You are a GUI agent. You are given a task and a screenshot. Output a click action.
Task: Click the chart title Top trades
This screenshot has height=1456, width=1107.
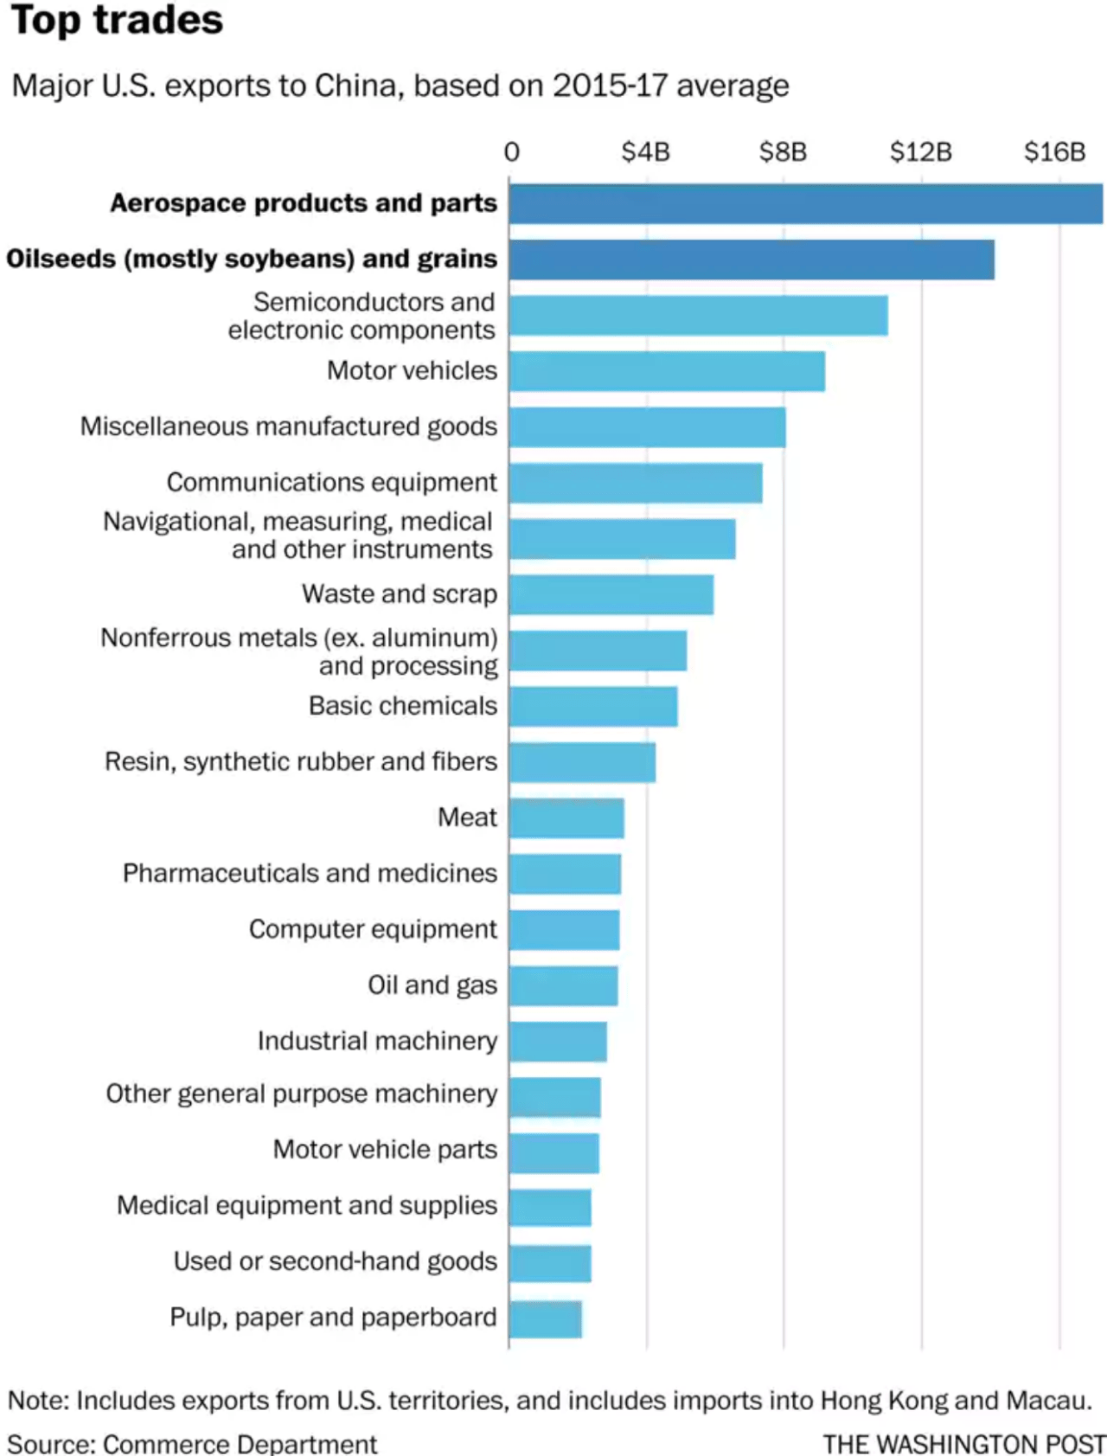click(117, 20)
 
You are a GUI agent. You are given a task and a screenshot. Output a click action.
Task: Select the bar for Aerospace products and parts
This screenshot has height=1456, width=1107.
click(804, 203)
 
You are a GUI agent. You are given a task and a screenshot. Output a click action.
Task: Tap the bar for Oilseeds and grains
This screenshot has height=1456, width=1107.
click(751, 260)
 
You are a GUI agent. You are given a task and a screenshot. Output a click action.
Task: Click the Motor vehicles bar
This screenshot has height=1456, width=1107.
click(666, 371)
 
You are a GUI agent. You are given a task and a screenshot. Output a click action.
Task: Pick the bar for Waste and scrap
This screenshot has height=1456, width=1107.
click(611, 594)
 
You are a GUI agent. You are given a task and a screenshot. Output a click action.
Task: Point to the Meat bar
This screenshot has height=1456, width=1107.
click(566, 818)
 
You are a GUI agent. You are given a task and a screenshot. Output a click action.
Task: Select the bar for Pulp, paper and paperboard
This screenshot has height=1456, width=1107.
click(545, 1319)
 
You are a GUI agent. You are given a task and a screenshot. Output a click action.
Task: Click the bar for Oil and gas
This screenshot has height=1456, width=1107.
click(563, 985)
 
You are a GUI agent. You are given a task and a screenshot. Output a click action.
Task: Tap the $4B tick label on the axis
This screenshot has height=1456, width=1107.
click(645, 152)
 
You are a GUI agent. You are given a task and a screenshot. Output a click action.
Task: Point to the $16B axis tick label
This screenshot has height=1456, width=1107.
click(1054, 152)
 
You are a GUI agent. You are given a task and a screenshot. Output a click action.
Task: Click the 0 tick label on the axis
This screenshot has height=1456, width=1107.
click(512, 152)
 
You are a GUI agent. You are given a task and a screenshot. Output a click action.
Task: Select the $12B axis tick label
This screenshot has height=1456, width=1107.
click(920, 152)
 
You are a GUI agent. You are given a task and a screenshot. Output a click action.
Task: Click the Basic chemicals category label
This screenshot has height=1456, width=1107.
click(403, 706)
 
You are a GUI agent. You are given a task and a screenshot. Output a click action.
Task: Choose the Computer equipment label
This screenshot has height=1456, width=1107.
click(373, 929)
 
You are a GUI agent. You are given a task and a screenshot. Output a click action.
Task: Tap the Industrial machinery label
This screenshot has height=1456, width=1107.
click(377, 1041)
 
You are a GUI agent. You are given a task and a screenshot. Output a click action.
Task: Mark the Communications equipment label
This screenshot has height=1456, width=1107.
click(331, 483)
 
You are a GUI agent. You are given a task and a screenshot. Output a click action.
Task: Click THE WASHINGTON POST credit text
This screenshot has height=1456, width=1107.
click(963, 1443)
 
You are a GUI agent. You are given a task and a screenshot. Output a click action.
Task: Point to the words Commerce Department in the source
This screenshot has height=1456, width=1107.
click(240, 1443)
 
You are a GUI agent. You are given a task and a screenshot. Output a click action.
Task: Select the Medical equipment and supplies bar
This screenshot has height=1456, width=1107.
click(550, 1208)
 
